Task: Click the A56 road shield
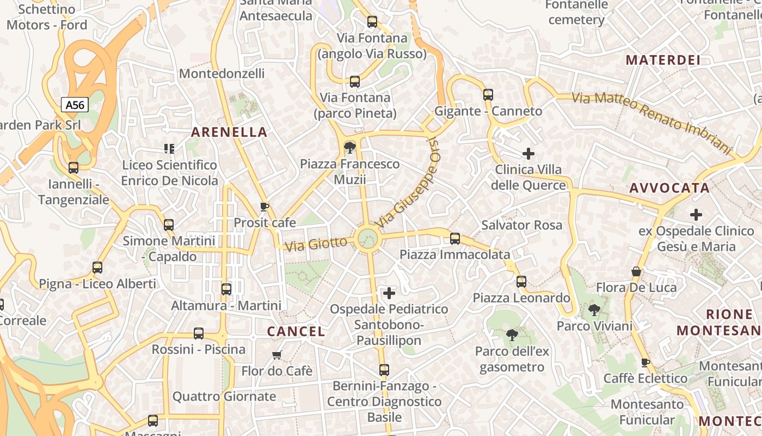pyautogui.click(x=75, y=105)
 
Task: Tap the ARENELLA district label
pyautogui.click(x=229, y=132)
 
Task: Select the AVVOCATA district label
pyautogui.click(x=669, y=188)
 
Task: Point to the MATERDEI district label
pyautogui.click(x=663, y=60)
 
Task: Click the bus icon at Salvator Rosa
pyautogui.click(x=455, y=239)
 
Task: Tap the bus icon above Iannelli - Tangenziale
pyautogui.click(x=73, y=168)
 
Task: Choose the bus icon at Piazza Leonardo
pyautogui.click(x=521, y=282)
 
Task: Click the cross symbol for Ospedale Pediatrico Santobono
pyautogui.click(x=389, y=294)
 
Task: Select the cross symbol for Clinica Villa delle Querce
pyautogui.click(x=528, y=154)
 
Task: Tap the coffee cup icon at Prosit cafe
pyautogui.click(x=265, y=207)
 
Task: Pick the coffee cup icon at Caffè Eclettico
pyautogui.click(x=646, y=362)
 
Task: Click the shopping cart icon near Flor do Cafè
pyautogui.click(x=276, y=355)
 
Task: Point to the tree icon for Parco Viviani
pyautogui.click(x=594, y=311)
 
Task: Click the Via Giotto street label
pyautogui.click(x=316, y=244)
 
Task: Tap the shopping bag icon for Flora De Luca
pyautogui.click(x=636, y=271)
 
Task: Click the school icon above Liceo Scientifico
pyautogui.click(x=169, y=148)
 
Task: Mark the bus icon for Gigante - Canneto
pyautogui.click(x=488, y=95)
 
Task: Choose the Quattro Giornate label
pyautogui.click(x=224, y=396)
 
